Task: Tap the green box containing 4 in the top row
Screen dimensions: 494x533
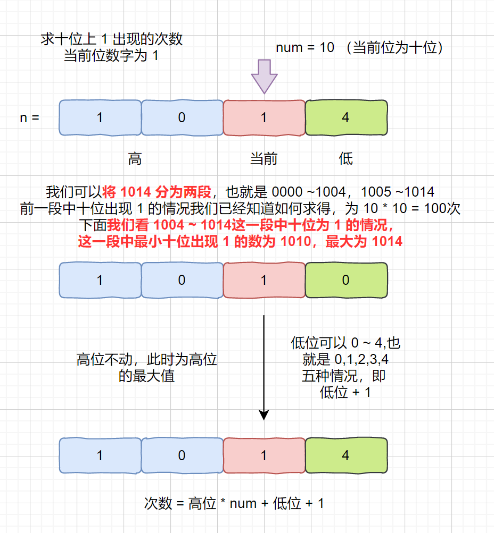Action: point(346,117)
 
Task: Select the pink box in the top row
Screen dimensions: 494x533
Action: point(264,117)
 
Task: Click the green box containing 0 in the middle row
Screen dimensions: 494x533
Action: point(346,280)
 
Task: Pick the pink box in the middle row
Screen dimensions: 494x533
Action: point(264,280)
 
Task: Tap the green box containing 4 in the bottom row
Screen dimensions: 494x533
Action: point(346,455)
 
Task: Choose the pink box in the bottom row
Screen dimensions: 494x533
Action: point(264,455)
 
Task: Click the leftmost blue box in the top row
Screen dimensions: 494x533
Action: point(100,117)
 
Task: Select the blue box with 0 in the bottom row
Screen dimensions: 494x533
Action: point(182,455)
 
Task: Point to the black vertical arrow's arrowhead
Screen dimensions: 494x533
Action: point(264,415)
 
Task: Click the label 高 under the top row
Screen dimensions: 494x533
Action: point(135,159)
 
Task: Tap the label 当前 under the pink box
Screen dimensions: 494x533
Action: point(264,159)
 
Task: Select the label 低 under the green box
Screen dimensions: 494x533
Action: point(345,159)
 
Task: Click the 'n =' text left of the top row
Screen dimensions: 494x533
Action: point(30,118)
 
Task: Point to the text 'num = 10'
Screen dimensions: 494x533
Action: point(305,48)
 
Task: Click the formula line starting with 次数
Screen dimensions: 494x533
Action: point(234,503)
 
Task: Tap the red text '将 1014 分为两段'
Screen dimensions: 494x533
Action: point(157,192)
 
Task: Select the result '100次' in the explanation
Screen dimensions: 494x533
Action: point(442,208)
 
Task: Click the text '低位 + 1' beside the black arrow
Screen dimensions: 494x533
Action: point(345,392)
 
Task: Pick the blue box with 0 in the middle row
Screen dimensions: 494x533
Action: point(182,280)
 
